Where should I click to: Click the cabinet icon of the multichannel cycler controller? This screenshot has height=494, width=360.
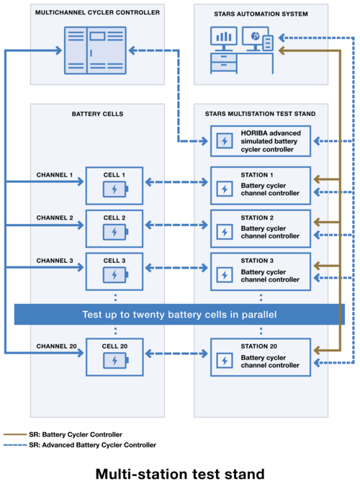pyautogui.click(x=95, y=50)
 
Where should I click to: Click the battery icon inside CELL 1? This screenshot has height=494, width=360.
pyautogui.click(x=116, y=189)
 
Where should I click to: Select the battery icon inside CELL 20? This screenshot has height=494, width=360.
pyautogui.click(x=116, y=360)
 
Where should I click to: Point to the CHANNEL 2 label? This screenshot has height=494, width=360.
pyautogui.click(x=55, y=217)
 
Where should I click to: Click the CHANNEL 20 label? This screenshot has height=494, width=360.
pyautogui.click(x=57, y=346)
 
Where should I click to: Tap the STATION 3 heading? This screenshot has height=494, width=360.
pyautogui.click(x=257, y=261)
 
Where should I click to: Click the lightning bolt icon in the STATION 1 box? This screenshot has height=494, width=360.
pyautogui.click(x=225, y=189)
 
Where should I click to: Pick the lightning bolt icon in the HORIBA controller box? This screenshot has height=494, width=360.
pyautogui.click(x=225, y=141)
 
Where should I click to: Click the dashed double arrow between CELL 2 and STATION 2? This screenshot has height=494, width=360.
pyautogui.click(x=176, y=225)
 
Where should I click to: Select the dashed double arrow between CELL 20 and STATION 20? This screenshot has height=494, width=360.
pyautogui.click(x=176, y=354)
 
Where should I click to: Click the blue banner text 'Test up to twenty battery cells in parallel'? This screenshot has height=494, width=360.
pyautogui.click(x=179, y=315)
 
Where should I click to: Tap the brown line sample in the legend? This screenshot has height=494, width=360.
pyautogui.click(x=15, y=434)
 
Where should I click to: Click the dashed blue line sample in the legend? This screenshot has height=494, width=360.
pyautogui.click(x=15, y=445)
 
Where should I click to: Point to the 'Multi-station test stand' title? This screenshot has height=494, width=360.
pyautogui.click(x=180, y=474)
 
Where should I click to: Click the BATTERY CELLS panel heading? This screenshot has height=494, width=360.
pyautogui.click(x=97, y=114)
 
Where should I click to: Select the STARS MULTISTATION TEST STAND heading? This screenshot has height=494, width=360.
pyautogui.click(x=260, y=114)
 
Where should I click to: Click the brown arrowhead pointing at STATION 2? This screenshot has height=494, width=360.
pyautogui.click(x=317, y=222)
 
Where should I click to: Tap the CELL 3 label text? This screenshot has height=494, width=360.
pyautogui.click(x=114, y=261)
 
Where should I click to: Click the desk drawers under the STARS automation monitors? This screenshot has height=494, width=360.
pyautogui.click(x=224, y=63)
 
